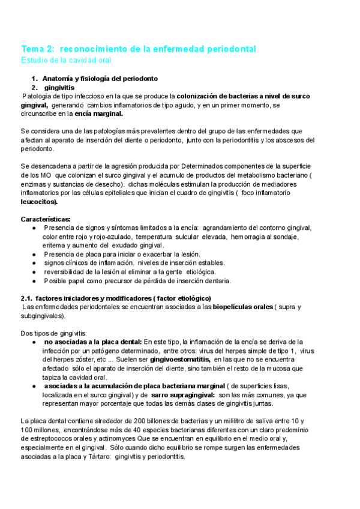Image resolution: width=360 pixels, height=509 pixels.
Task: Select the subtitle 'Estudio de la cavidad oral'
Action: click(66, 60)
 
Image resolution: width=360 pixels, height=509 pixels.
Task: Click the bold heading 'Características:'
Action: click(46, 218)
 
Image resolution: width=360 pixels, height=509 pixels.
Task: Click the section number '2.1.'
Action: click(26, 298)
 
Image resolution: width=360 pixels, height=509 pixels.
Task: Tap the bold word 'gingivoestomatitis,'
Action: click(180, 359)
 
